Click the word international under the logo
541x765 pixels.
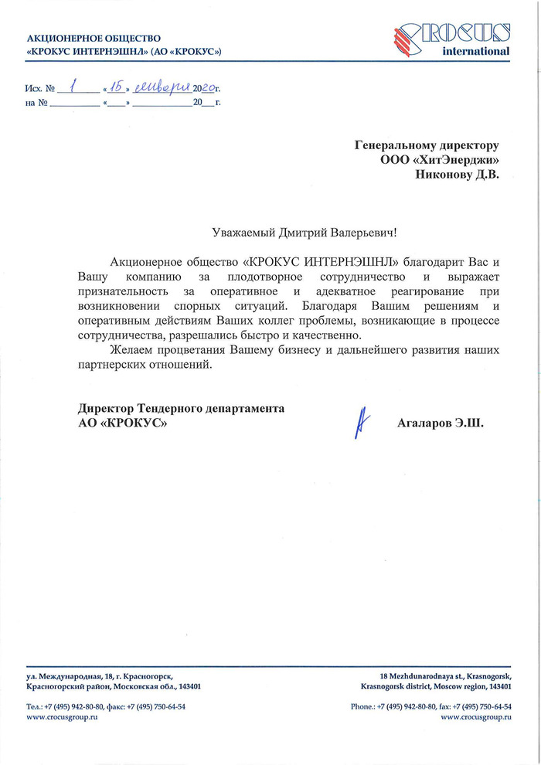pos(475,52)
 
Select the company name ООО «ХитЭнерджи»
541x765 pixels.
pos(440,160)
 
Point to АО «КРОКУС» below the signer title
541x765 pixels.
pos(121,423)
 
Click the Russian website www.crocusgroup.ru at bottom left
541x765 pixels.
pos(62,718)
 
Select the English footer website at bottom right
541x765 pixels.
pos(476,718)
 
